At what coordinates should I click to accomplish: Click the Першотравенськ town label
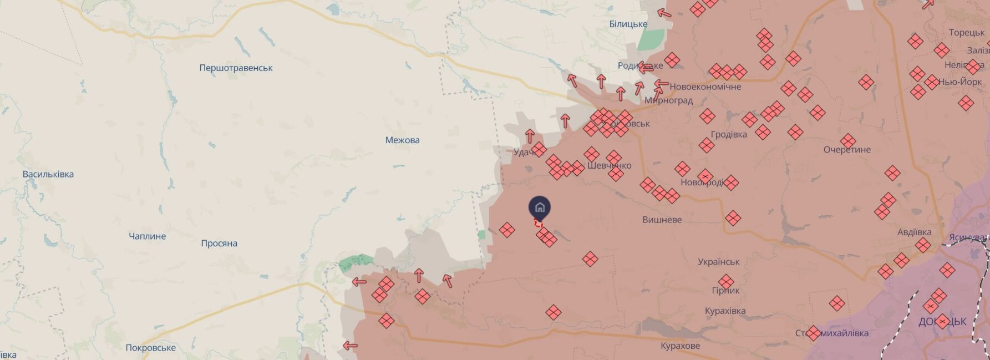(236, 68)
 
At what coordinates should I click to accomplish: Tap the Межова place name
(402, 140)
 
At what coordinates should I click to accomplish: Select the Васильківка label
(48, 174)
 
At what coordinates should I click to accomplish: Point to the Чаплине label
(147, 236)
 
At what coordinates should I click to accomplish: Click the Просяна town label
(219, 243)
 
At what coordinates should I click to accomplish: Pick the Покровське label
(150, 348)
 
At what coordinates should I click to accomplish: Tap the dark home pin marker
(540, 208)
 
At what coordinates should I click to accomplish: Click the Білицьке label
(628, 24)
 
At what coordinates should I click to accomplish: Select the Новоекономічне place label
(705, 87)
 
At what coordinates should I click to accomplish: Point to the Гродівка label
(728, 134)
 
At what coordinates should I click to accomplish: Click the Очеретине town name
(847, 150)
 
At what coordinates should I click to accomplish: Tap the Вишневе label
(662, 220)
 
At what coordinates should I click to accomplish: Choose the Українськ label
(718, 262)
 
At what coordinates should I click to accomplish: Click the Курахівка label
(725, 311)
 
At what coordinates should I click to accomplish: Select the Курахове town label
(680, 346)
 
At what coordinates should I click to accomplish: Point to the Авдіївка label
(914, 232)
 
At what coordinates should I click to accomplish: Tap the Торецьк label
(966, 33)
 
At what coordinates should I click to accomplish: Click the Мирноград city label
(668, 100)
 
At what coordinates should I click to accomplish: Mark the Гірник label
(725, 290)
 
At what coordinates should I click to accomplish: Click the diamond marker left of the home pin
(506, 230)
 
